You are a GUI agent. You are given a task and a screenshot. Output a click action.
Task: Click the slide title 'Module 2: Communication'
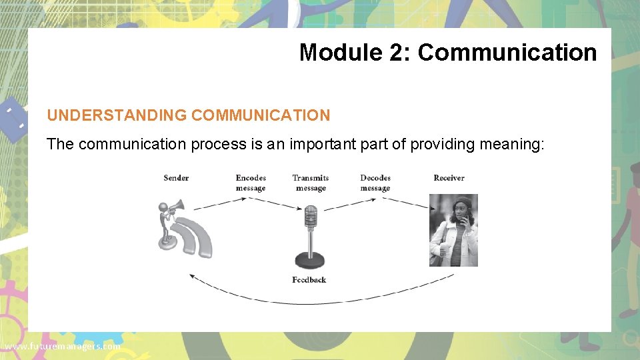pyautogui.click(x=447, y=52)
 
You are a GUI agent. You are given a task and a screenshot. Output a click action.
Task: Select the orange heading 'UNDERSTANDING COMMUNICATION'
pyautogui.click(x=188, y=115)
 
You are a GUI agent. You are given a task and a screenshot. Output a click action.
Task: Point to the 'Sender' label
pyautogui.click(x=176, y=178)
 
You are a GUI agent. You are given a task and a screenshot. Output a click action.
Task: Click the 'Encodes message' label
pyautogui.click(x=251, y=183)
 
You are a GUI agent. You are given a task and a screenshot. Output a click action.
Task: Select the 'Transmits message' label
pyautogui.click(x=311, y=183)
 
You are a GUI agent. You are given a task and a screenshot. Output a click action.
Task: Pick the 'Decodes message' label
pyautogui.click(x=375, y=183)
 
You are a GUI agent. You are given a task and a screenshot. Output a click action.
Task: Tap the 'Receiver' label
pyautogui.click(x=449, y=178)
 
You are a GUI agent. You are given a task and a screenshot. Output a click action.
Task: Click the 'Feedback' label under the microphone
pyautogui.click(x=309, y=280)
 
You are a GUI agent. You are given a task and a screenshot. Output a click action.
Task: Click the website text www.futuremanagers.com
pyautogui.click(x=61, y=347)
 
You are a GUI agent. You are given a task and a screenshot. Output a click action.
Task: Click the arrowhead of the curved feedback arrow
pyautogui.click(x=191, y=275)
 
